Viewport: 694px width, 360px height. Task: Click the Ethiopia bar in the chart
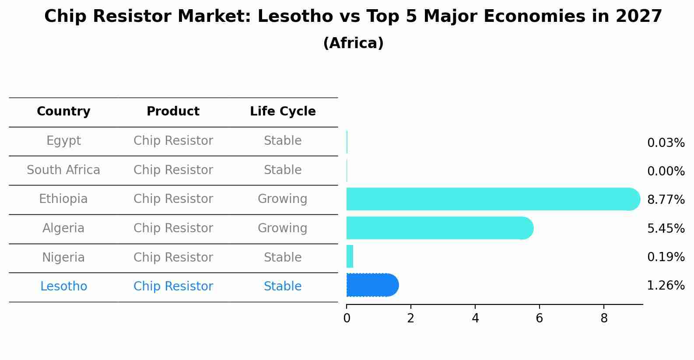point(490,199)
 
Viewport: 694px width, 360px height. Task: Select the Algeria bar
point(438,228)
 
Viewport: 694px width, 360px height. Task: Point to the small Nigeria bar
point(350,256)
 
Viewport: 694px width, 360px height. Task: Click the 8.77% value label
point(666,200)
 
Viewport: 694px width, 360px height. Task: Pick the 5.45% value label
point(666,228)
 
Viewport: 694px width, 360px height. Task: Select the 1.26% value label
point(666,286)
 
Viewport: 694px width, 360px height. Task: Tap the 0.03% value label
point(666,143)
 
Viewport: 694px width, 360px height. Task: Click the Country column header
point(63,112)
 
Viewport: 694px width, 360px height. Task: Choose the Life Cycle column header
point(283,112)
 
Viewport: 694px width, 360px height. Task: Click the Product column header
point(173,112)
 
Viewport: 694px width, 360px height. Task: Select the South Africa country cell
point(63,170)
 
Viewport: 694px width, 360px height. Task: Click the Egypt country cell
point(63,141)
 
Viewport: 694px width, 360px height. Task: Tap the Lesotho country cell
point(63,287)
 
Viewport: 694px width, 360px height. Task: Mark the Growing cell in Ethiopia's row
point(282,199)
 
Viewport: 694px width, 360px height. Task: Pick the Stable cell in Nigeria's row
point(282,258)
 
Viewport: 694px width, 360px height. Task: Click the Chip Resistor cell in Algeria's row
point(173,228)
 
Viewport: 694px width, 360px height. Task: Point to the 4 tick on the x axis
point(475,318)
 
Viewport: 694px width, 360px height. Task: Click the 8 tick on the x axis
point(604,318)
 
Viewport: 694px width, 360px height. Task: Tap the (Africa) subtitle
point(353,43)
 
